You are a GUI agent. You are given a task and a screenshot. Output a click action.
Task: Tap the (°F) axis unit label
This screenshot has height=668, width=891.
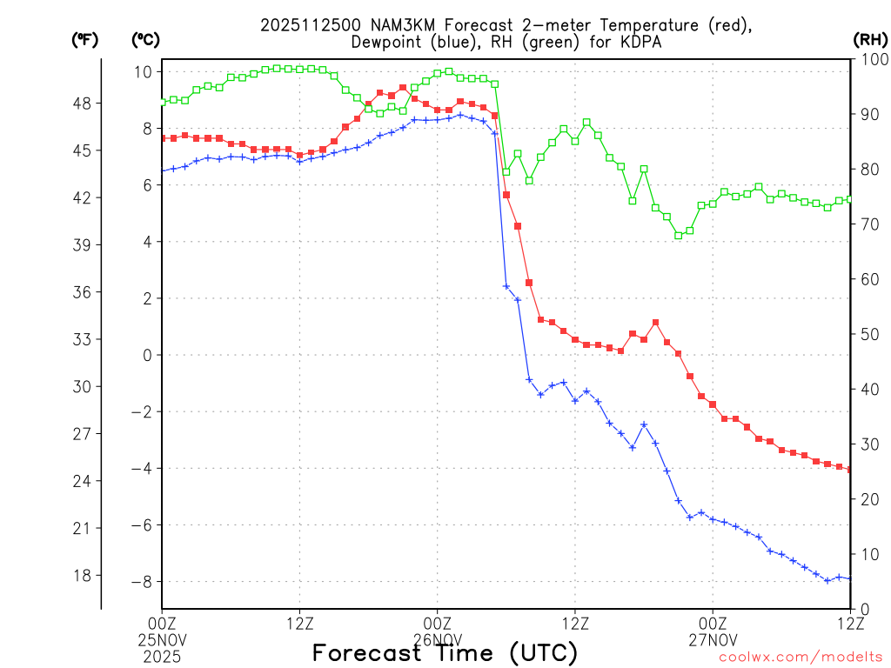click(85, 40)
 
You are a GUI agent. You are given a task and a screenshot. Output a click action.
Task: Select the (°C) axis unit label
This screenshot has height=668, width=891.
click(144, 40)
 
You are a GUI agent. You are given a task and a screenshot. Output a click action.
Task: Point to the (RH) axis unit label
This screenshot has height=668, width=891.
click(868, 40)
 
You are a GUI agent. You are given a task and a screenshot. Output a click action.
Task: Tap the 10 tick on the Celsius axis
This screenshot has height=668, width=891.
click(144, 71)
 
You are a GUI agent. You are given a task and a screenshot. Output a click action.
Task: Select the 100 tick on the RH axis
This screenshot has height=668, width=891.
click(869, 58)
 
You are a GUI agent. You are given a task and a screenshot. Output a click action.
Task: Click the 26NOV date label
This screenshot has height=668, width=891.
click(437, 639)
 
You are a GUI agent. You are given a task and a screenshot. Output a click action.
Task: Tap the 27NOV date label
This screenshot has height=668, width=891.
click(713, 639)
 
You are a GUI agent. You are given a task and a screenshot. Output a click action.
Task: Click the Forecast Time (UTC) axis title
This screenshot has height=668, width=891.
click(445, 652)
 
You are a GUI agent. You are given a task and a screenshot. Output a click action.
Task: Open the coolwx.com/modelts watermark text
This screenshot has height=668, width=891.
click(801, 657)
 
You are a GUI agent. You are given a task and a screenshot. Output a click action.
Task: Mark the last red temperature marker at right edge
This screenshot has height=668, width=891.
click(849, 470)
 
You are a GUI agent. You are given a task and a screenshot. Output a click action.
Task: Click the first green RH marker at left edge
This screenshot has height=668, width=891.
click(163, 102)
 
